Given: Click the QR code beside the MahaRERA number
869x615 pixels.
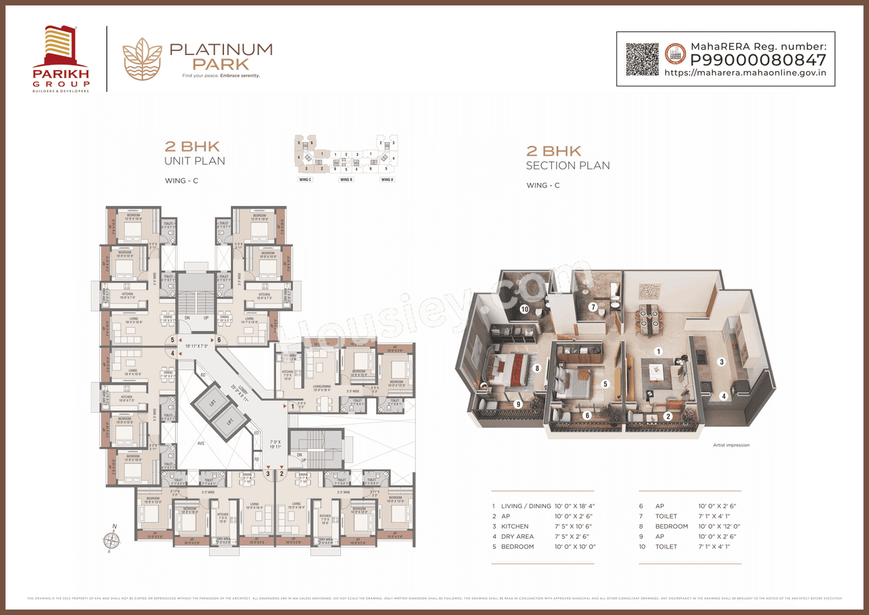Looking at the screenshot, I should click(x=642, y=59).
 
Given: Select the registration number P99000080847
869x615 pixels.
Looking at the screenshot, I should click(x=758, y=59).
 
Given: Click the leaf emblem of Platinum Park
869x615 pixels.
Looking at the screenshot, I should click(x=142, y=59).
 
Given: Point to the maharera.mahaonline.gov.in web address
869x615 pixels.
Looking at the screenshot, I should click(x=744, y=73).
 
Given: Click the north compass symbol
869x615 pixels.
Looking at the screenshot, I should click(x=111, y=540).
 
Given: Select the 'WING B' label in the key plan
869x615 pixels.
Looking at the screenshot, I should click(x=346, y=179).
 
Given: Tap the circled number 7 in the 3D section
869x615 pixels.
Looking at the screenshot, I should click(x=593, y=307).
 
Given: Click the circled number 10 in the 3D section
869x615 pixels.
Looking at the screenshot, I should click(x=524, y=309).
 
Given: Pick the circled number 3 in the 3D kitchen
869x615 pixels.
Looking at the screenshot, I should click(x=722, y=362).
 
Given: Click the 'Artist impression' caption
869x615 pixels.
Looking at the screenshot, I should click(x=731, y=445).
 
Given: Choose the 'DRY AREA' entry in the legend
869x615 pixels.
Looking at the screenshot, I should click(x=517, y=536).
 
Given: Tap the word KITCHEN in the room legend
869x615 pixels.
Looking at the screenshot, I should click(x=515, y=526).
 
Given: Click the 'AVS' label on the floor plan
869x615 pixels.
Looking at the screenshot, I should click(x=201, y=442).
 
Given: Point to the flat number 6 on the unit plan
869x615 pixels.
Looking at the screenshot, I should click(x=219, y=339).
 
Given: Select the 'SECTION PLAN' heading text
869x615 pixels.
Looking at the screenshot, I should click(x=568, y=166).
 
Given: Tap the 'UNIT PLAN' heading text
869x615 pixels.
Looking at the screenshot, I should click(x=195, y=161).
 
